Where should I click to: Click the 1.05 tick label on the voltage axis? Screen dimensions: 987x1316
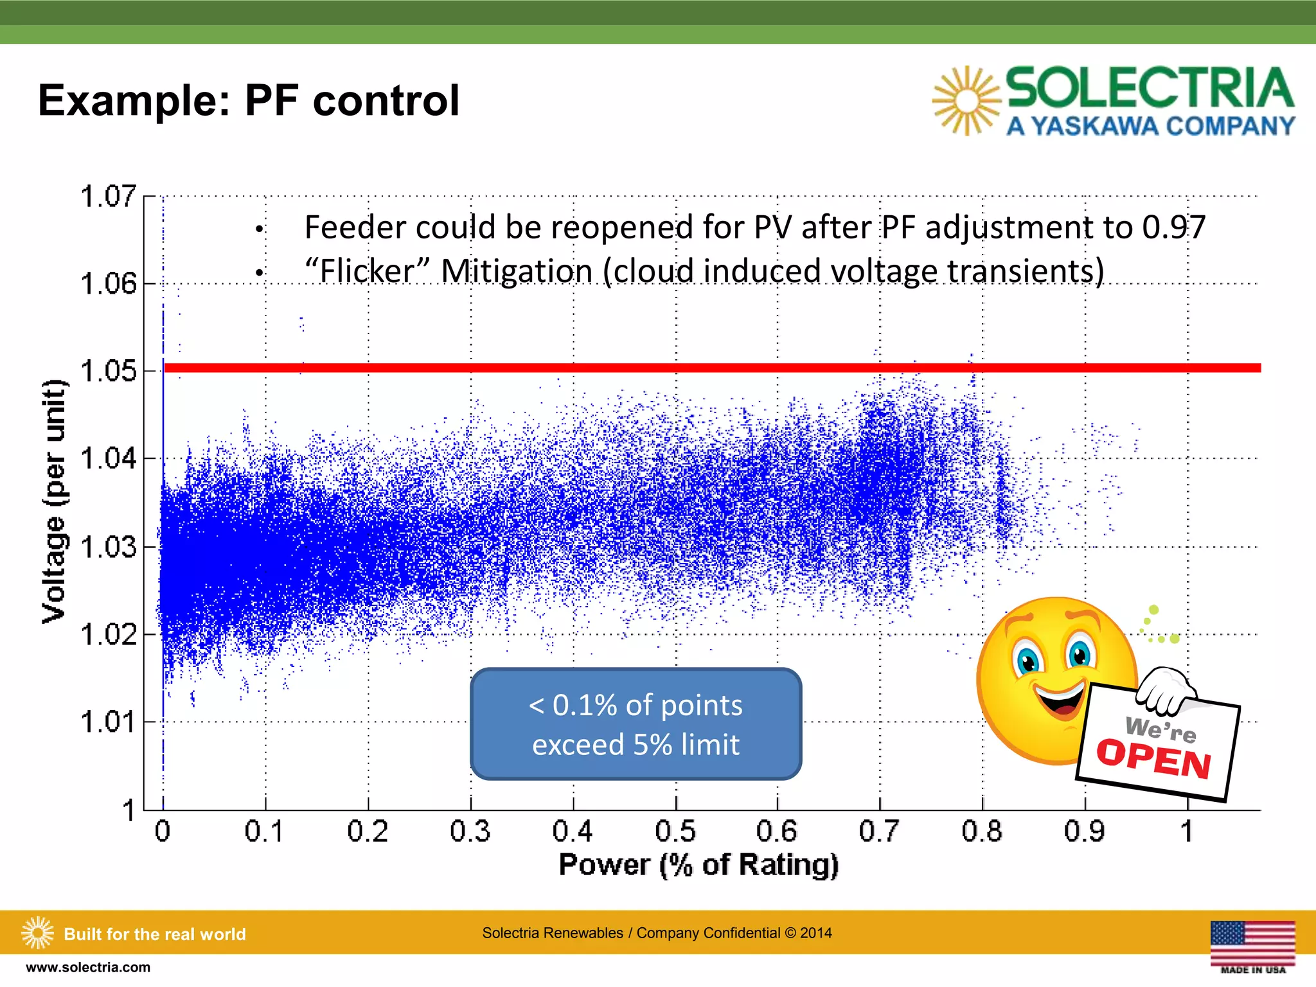[x=108, y=371]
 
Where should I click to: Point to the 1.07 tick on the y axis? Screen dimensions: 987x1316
[x=108, y=196]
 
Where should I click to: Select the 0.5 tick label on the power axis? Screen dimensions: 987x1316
[x=675, y=831]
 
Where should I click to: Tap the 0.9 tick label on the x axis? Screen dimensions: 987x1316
[x=1085, y=831]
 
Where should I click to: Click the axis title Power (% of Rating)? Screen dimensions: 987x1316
[x=698, y=865]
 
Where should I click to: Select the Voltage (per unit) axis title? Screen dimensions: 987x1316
[x=54, y=501]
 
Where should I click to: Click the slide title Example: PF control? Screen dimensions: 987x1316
[x=249, y=101]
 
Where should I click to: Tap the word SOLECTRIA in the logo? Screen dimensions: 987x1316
[x=1150, y=88]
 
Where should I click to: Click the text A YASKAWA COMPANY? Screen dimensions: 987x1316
[x=1150, y=126]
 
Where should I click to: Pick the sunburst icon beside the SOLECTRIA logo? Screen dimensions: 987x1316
[x=966, y=101]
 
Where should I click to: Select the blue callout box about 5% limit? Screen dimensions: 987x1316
[x=636, y=724]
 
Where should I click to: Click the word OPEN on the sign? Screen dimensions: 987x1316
[x=1153, y=759]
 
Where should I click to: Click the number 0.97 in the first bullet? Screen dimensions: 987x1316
[x=1173, y=227]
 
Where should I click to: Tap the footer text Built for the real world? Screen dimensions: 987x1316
[x=154, y=934]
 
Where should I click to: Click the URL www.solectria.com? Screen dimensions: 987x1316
[x=88, y=967]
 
